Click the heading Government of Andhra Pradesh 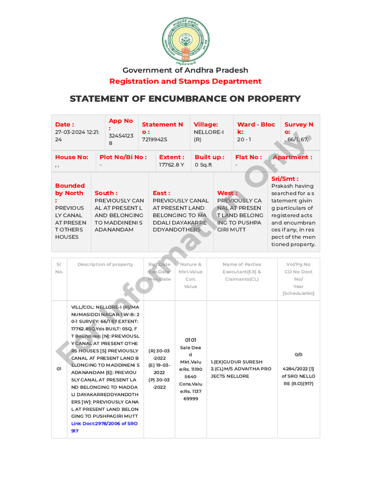[x=185, y=70]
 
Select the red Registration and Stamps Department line [x=185, y=81]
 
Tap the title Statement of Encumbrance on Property [x=185, y=99]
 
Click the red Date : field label [x=64, y=124]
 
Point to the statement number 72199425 [x=155, y=139]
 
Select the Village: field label [x=206, y=124]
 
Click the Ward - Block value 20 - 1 [x=244, y=139]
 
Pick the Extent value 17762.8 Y [x=171, y=165]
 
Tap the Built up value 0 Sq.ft [x=203, y=165]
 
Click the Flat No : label [x=248, y=157]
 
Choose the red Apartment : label [x=292, y=157]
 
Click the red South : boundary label [x=106, y=193]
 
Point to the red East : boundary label [x=162, y=193]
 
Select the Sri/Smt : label [x=285, y=178]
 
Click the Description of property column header [x=105, y=264]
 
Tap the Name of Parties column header [x=242, y=264]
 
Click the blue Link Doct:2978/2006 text [x=104, y=423]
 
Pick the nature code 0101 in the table [x=190, y=340]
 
